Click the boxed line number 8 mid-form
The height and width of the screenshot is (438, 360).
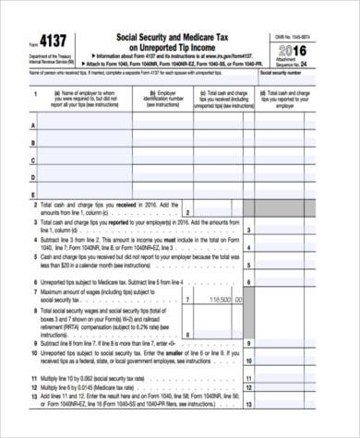click(188, 331)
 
